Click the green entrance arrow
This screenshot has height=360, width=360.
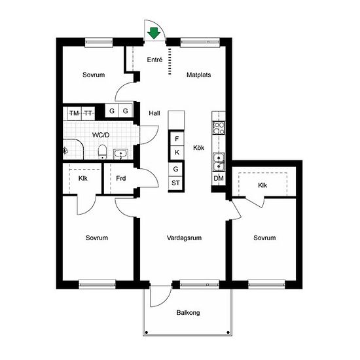coord(154,33)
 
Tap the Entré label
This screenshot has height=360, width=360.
coord(154,60)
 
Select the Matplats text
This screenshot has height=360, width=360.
coord(198,75)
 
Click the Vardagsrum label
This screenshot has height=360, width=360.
coord(184,238)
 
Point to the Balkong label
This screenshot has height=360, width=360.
coord(188,313)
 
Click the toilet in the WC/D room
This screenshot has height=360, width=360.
coord(102,152)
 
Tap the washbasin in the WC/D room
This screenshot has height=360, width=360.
coord(120,154)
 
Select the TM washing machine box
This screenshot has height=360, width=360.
coord(75,113)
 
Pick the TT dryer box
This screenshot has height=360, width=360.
coord(88,113)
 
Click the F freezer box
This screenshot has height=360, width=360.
coord(177,139)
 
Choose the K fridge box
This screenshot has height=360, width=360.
coord(177,153)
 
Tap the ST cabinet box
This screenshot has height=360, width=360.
coord(175,183)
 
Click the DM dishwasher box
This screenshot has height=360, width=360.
coord(219,179)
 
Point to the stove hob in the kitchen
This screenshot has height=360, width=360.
coord(219,128)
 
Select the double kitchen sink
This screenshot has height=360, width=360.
coord(219,162)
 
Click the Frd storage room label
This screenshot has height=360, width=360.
coord(121,179)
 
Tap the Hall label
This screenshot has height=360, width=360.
coord(154,113)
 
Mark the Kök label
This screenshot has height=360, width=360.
coord(198,148)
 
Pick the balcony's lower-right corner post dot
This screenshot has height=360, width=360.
coord(228,333)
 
